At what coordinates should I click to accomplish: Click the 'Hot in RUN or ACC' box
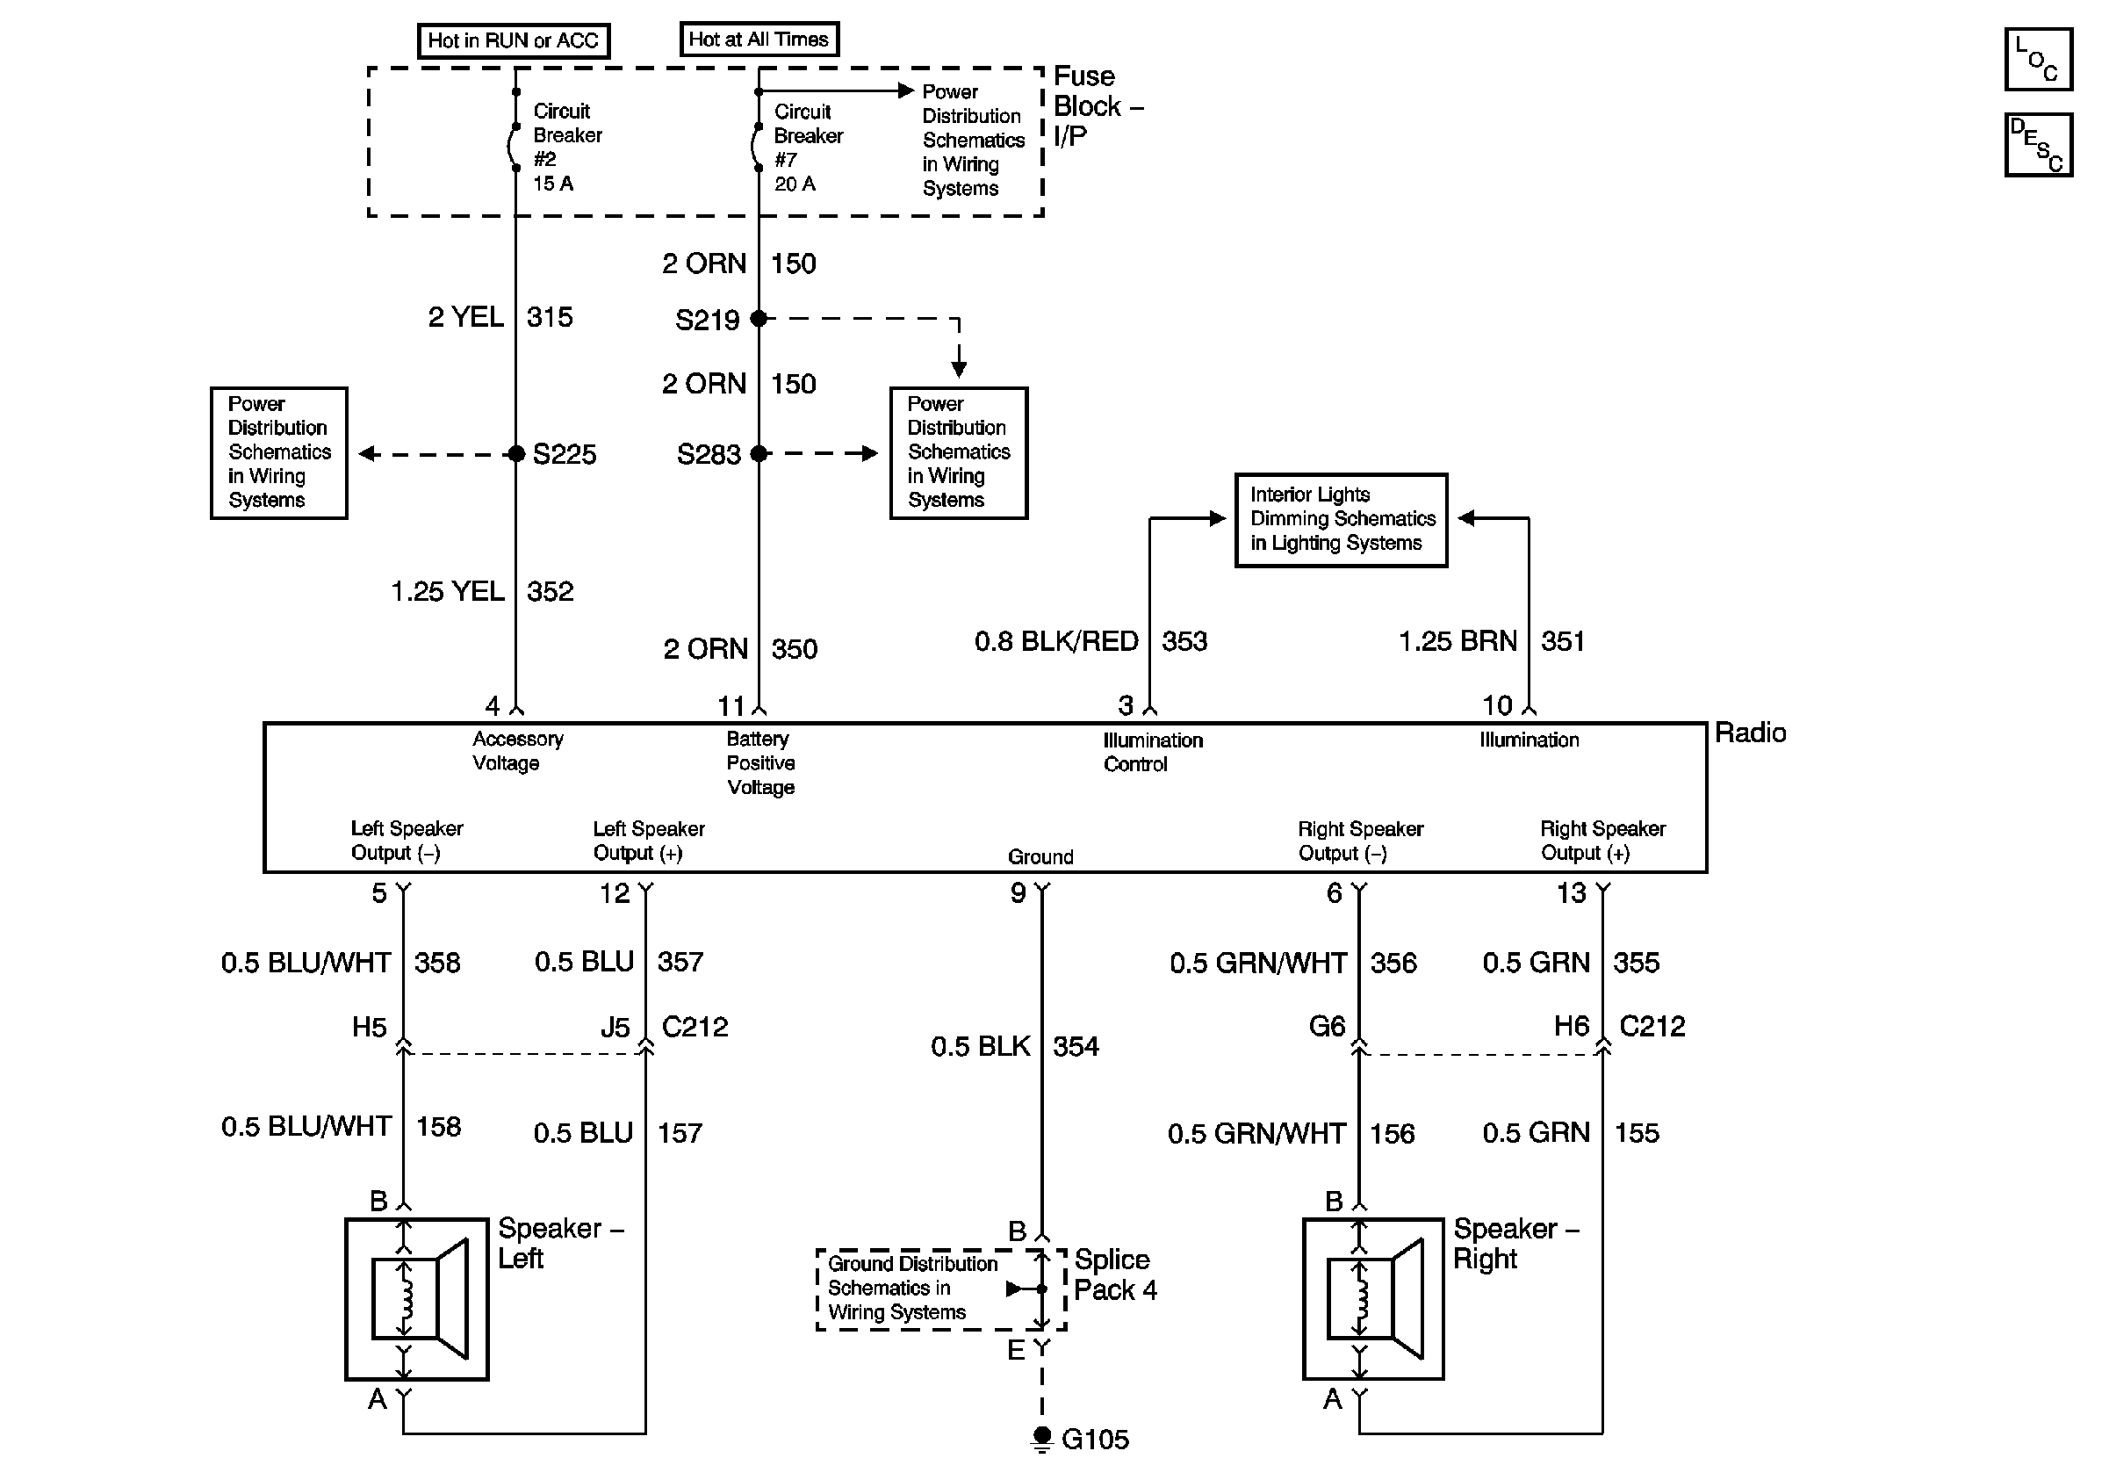514,40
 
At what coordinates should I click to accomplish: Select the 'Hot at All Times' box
759,40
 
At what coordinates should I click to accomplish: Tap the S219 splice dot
759,319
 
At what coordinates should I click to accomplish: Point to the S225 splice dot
516,454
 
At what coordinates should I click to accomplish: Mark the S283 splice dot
759,454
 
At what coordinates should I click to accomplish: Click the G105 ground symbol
1041,1439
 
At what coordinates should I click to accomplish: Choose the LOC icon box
2038,59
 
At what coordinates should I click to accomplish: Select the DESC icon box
2038,144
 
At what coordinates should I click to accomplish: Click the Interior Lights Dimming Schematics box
1341,520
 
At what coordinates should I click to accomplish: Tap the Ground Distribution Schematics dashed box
940,1289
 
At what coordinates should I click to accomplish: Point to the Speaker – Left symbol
417,1299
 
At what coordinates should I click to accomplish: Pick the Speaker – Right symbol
1373,1299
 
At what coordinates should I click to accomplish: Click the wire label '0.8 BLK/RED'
1056,641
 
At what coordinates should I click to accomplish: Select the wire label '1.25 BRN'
1458,641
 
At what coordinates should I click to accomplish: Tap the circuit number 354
1076,1046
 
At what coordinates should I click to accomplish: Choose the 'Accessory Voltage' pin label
518,752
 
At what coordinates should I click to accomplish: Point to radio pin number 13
1571,893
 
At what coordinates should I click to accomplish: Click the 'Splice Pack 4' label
1115,1274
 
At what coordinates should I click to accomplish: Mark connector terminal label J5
615,1027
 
